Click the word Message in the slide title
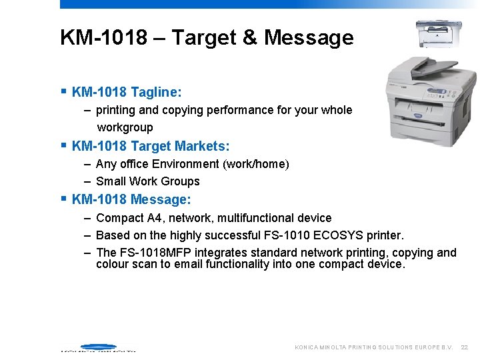[x=309, y=37]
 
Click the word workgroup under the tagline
[x=125, y=127]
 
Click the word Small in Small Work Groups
[x=111, y=181]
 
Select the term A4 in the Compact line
[x=157, y=218]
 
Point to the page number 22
[x=465, y=347]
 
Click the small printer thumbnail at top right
[x=438, y=33]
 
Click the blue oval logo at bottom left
[x=98, y=347]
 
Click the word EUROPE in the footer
[x=426, y=347]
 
